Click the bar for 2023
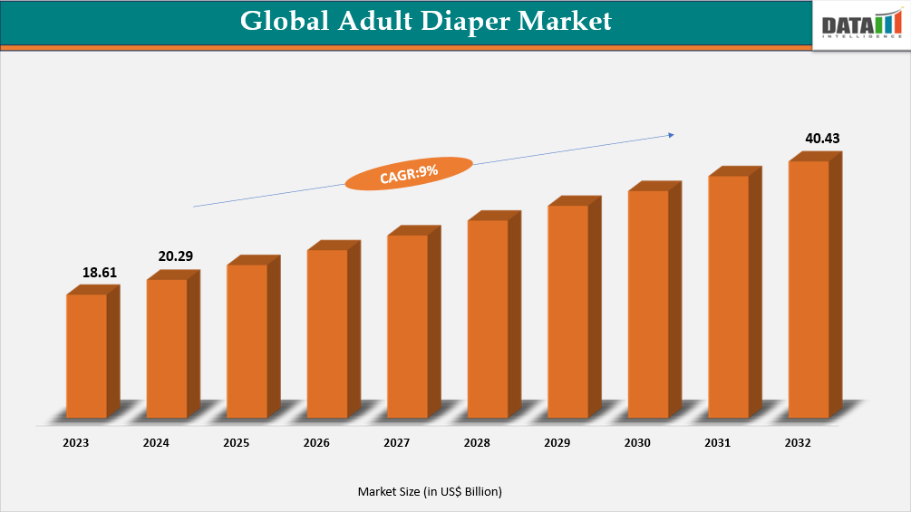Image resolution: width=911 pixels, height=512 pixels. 87,355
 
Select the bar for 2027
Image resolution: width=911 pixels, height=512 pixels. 408,326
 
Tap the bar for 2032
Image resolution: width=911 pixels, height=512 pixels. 809,289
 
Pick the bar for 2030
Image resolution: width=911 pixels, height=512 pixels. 648,304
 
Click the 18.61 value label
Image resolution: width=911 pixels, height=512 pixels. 100,272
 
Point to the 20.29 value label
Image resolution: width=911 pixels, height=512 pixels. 176,256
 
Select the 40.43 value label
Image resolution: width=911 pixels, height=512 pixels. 823,139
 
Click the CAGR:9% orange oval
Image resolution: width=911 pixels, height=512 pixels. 409,173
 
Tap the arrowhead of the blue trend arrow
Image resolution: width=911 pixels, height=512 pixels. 671,135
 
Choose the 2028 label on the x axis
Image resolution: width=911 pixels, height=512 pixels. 477,443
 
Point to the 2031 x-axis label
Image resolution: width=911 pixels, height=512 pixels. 718,443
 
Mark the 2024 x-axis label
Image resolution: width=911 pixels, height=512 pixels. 155,443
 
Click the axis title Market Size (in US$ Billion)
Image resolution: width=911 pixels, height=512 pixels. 430,491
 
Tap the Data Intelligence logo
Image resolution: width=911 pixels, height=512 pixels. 860,25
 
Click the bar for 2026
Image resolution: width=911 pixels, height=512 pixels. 327,333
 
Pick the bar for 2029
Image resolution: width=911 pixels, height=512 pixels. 568,311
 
